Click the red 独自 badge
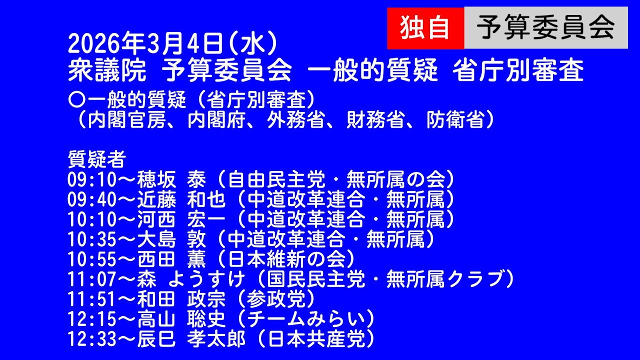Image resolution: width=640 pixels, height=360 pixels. tap(425, 28)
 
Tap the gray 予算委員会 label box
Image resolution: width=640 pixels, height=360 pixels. tap(545, 28)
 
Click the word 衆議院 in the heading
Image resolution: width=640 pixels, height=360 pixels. tap(107, 71)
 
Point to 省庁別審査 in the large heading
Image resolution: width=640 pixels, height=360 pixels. tap(518, 71)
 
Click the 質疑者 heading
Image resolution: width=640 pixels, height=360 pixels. tap(96, 160)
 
